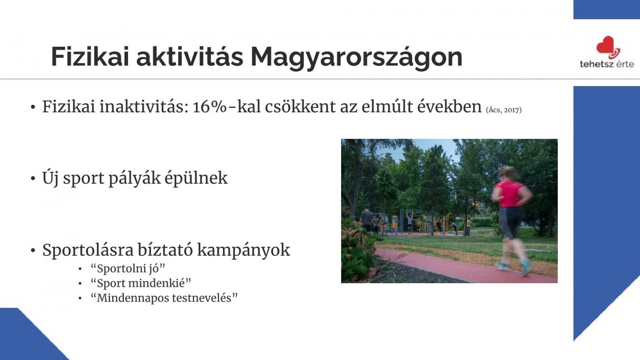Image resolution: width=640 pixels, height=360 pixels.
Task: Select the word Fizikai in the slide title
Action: [90, 56]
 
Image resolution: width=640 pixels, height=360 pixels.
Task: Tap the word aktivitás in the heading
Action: [190, 56]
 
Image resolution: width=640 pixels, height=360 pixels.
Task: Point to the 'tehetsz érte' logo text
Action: [607, 64]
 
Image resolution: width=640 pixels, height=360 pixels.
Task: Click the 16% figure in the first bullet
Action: [210, 107]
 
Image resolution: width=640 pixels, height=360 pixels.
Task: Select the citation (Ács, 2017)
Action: [504, 110]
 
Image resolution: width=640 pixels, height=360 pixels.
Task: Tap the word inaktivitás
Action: [144, 107]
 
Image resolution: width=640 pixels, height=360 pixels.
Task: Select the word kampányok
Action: [243, 251]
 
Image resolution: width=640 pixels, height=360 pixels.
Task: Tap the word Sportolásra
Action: [88, 250]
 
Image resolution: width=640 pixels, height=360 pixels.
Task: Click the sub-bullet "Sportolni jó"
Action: [128, 268]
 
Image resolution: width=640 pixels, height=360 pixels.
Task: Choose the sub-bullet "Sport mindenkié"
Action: [141, 283]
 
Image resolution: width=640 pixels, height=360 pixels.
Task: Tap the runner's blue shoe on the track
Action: [526, 266]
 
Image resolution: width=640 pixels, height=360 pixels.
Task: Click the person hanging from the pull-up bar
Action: [410, 222]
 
